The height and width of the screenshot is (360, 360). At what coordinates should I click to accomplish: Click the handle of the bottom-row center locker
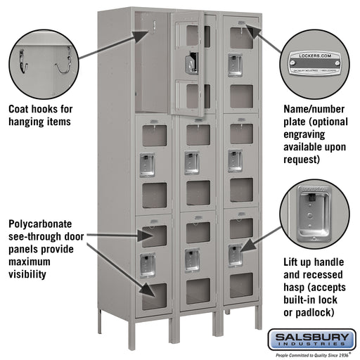point(192,259)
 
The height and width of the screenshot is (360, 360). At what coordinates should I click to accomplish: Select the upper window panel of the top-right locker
point(240,38)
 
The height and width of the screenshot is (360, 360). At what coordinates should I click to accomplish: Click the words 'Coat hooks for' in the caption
point(39,110)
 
